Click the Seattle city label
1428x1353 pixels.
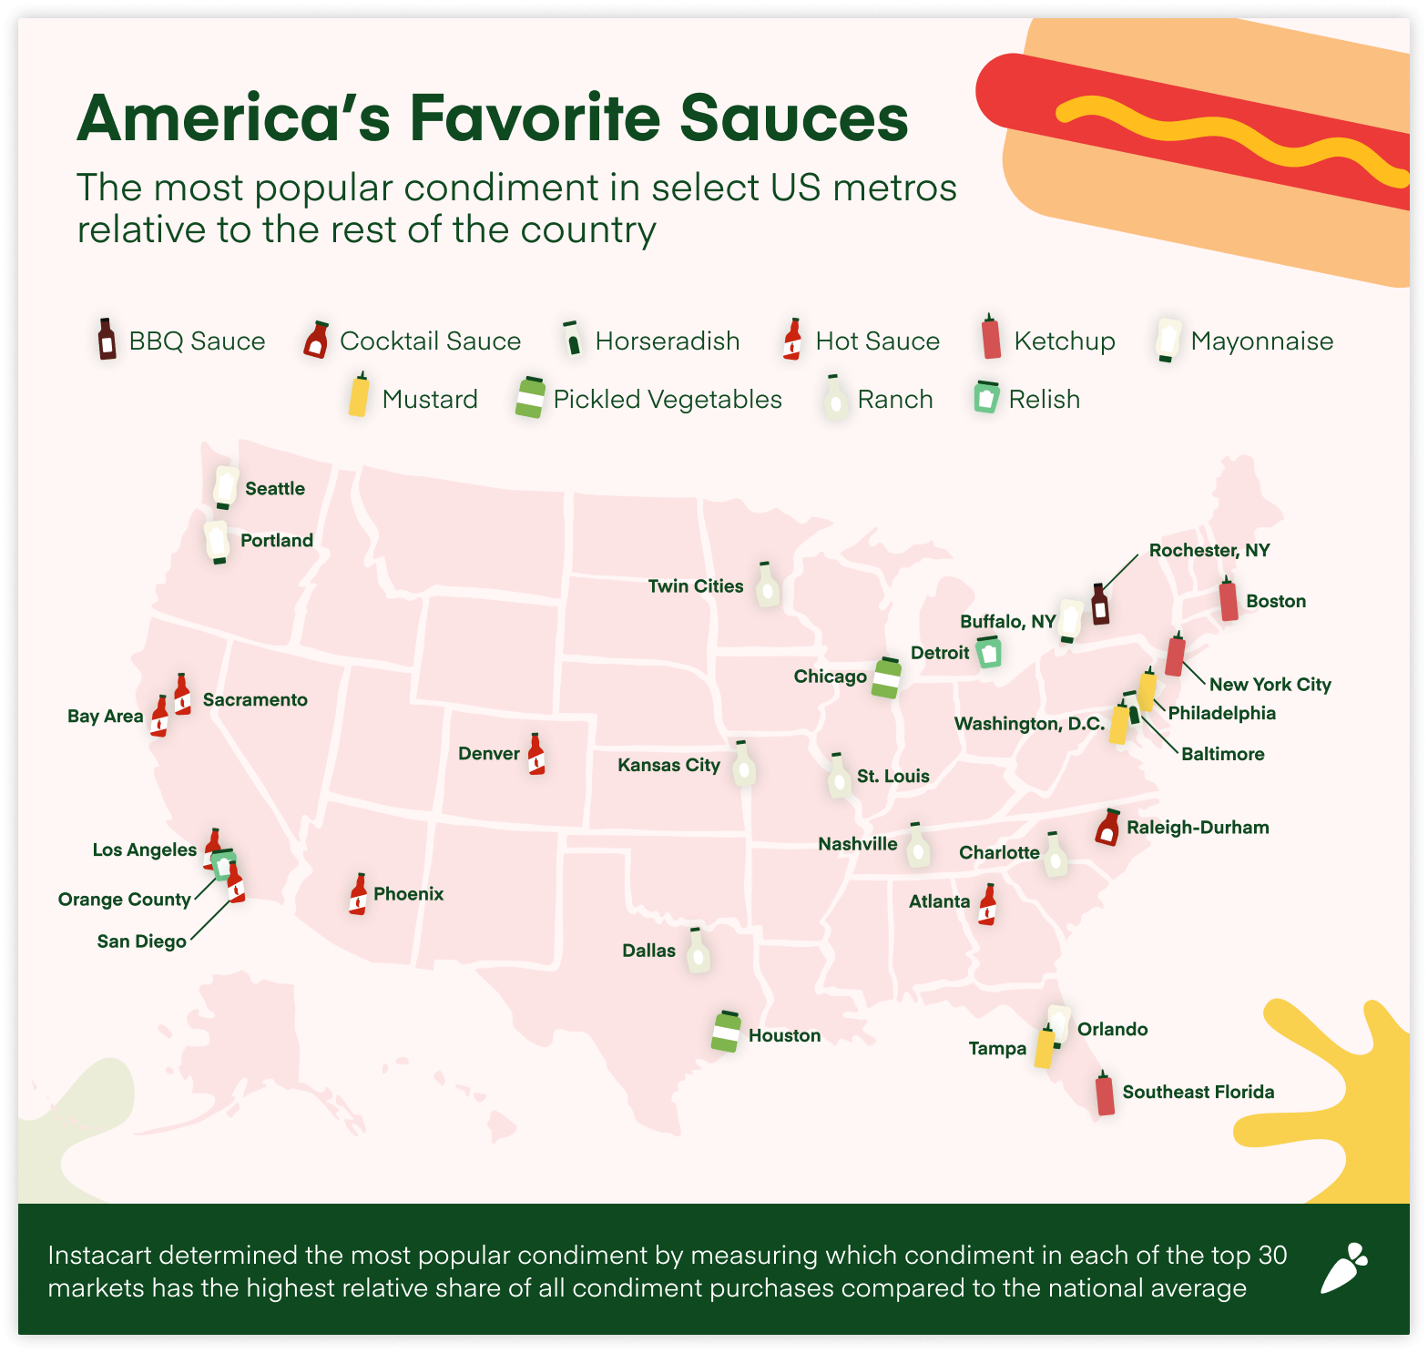pos(275,489)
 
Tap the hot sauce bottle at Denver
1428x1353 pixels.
pos(536,755)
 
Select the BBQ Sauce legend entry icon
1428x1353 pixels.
pos(107,340)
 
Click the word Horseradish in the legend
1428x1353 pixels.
pos(668,341)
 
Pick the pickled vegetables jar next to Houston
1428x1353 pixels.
pos(727,1032)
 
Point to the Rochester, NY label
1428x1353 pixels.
pos(1209,551)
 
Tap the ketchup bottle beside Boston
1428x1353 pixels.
pos(1229,599)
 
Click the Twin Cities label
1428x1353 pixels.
pos(696,586)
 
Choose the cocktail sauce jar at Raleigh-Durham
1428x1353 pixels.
pos(1107,828)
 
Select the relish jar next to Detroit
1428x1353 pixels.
pos(989,652)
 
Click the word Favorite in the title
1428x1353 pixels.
pos(535,118)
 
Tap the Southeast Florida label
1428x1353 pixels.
pos(1198,1093)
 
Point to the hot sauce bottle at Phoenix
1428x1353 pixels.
pos(359,894)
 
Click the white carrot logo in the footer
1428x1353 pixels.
pos(1344,1268)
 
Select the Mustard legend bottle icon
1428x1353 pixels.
pos(360,394)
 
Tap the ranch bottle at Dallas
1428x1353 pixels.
pos(698,951)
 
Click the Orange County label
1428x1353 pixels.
pos(125,900)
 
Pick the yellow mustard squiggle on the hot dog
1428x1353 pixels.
pos(1229,137)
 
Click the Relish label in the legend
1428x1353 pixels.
pos(1044,400)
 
